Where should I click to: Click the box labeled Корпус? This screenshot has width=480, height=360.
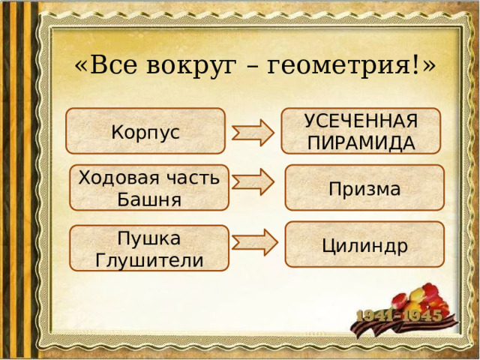pos(145,131)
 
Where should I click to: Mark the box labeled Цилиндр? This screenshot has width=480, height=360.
pos(364,245)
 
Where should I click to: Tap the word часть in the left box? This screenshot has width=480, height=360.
pos(196,178)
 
